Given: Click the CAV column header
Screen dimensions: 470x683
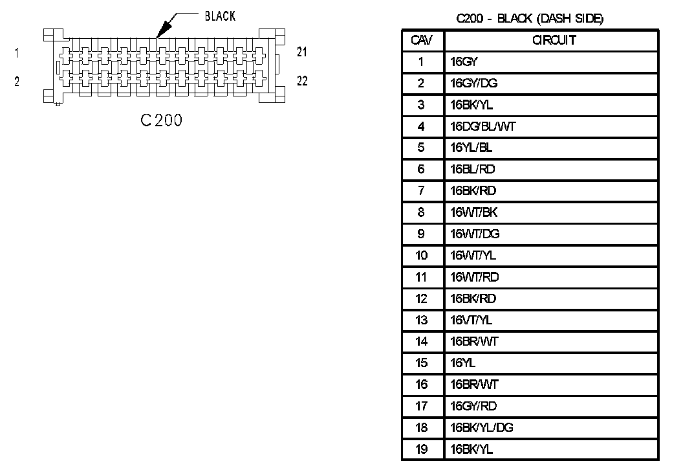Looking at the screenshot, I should [x=422, y=40].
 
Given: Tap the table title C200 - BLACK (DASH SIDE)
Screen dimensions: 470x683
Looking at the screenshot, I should [x=530, y=19].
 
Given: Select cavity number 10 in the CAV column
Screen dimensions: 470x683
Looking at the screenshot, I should [x=422, y=256].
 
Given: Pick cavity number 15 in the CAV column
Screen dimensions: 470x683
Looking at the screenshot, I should [x=422, y=363].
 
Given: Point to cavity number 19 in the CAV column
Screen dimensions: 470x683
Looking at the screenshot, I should [x=422, y=449].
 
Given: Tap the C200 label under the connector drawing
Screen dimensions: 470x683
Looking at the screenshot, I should [x=162, y=120].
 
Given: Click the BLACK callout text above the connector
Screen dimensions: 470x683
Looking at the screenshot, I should [x=220, y=16].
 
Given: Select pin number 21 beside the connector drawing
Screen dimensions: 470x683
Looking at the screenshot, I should [x=302, y=52].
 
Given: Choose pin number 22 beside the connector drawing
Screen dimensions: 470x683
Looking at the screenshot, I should [x=302, y=81].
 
